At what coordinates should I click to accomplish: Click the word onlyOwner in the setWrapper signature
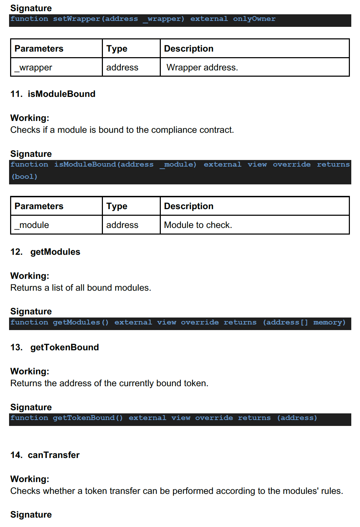click(x=254, y=19)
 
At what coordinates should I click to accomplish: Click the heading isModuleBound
click(x=61, y=94)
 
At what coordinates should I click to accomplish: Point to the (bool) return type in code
click(x=24, y=177)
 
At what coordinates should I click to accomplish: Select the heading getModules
click(x=55, y=252)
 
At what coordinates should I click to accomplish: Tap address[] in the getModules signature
click(x=286, y=322)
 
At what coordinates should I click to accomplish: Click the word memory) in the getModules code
click(x=329, y=322)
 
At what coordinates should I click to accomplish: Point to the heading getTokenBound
click(x=65, y=347)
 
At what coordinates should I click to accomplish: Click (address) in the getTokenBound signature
click(x=297, y=418)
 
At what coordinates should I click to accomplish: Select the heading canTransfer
click(x=54, y=455)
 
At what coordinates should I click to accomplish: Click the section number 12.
click(x=16, y=252)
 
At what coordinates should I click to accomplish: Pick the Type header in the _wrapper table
click(x=117, y=49)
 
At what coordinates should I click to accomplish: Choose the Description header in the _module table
click(x=189, y=206)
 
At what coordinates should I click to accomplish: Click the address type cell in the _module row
click(x=122, y=225)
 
